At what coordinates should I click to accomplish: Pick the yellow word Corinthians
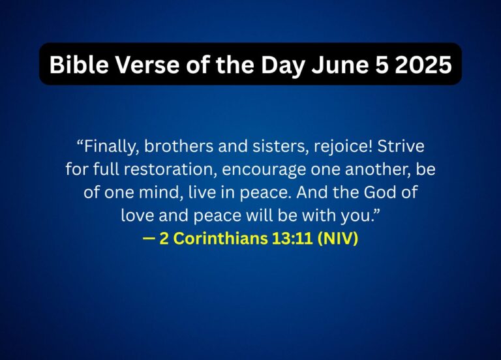tap(218, 239)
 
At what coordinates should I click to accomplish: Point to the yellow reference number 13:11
tap(287, 239)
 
